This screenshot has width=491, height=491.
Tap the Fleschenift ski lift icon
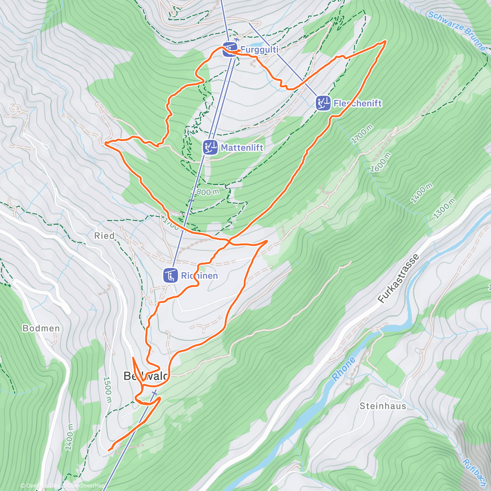(x=323, y=103)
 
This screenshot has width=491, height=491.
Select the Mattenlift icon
(x=210, y=147)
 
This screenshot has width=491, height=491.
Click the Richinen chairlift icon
(x=170, y=275)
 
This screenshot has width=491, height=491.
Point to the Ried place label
(x=104, y=236)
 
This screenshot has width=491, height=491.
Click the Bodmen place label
(x=41, y=328)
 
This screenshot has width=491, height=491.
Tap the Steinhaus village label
(x=383, y=406)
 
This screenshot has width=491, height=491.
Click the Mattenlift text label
(x=242, y=147)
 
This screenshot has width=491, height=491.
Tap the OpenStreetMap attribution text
(x=85, y=486)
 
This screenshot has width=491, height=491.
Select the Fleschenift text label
(x=357, y=103)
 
